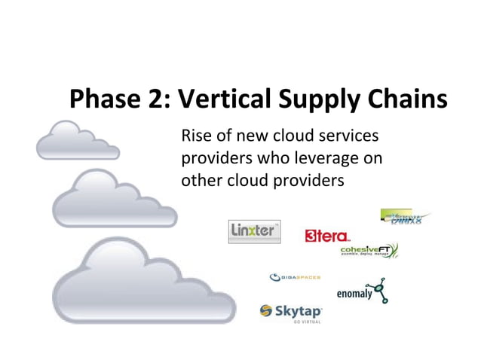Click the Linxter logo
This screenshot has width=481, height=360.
pyautogui.click(x=254, y=231)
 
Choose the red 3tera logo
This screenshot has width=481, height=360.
pyautogui.click(x=326, y=236)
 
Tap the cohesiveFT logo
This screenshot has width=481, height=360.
pyautogui.click(x=369, y=251)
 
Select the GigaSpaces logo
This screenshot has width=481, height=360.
pyautogui.click(x=295, y=277)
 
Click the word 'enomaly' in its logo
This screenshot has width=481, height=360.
pyautogui.click(x=354, y=294)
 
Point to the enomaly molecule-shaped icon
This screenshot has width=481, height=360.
pyautogui.click(x=381, y=289)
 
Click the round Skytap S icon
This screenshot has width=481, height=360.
pyautogui.click(x=266, y=310)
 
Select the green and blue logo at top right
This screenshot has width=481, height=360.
pyautogui.click(x=405, y=217)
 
